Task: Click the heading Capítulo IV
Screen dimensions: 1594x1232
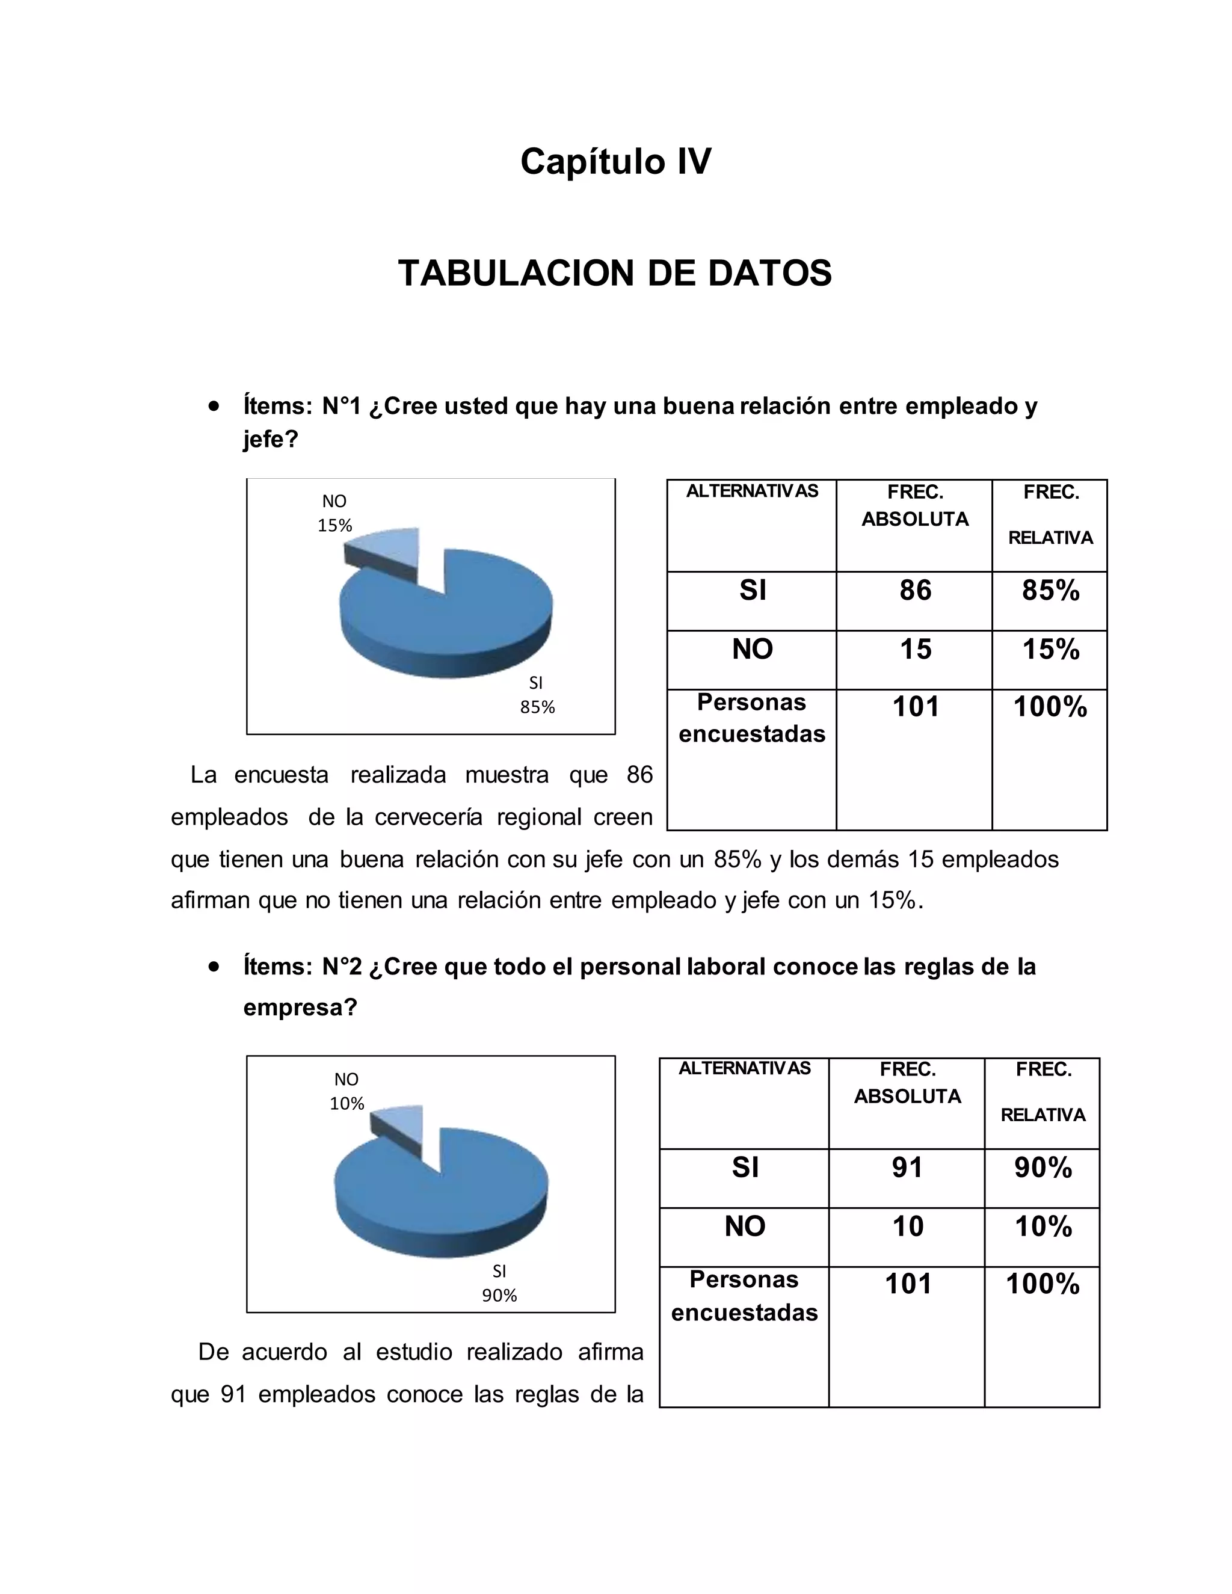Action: point(615,161)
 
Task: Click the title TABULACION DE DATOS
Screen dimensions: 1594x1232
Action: point(615,274)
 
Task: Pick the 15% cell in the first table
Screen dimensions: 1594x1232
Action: point(1050,649)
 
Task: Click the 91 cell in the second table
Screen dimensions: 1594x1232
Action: point(907,1168)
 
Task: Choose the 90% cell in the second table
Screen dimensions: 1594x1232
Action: point(1043,1168)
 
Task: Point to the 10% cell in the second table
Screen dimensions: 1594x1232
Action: point(1043,1226)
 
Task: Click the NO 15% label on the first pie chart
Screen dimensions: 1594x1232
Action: point(334,513)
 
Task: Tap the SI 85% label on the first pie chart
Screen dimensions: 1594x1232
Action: point(537,695)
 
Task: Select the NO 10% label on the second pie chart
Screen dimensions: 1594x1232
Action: point(346,1091)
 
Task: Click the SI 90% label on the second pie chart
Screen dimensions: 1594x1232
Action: point(499,1283)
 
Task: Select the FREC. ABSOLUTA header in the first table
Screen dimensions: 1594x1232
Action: point(915,506)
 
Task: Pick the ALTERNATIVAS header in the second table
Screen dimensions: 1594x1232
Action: point(745,1068)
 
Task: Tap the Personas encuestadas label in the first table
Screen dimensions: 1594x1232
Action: point(752,718)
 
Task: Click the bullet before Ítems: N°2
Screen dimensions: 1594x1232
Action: point(213,967)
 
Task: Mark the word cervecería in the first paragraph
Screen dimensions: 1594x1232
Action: point(428,817)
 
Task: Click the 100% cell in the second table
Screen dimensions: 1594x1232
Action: point(1043,1284)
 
